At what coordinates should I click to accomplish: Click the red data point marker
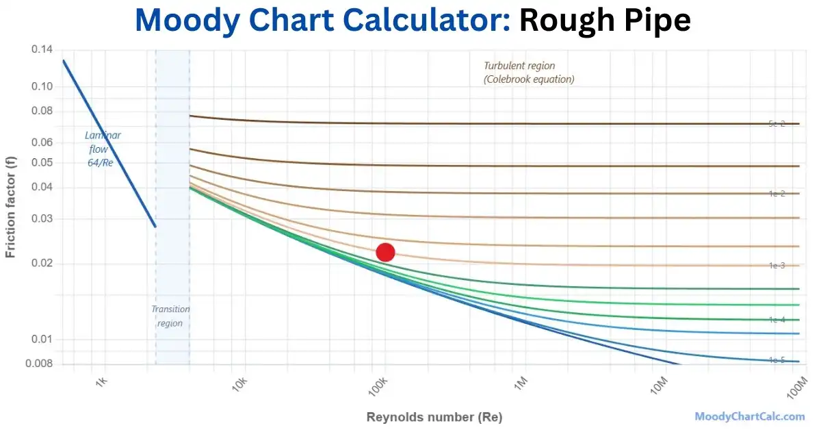click(385, 252)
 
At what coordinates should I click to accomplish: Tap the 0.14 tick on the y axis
click(42, 50)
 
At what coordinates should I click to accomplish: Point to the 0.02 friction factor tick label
click(42, 264)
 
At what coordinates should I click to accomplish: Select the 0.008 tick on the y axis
click(39, 363)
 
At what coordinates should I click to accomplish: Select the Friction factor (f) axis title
click(10, 206)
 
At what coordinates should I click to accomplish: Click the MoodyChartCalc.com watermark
click(749, 416)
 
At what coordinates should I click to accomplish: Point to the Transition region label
click(170, 316)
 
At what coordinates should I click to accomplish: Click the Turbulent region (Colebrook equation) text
click(529, 73)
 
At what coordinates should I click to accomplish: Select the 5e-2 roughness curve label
click(777, 124)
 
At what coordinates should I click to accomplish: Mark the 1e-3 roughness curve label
click(777, 265)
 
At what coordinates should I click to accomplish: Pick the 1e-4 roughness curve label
click(777, 320)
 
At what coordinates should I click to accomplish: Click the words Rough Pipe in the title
click(604, 21)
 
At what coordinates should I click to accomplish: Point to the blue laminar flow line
click(109, 144)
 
